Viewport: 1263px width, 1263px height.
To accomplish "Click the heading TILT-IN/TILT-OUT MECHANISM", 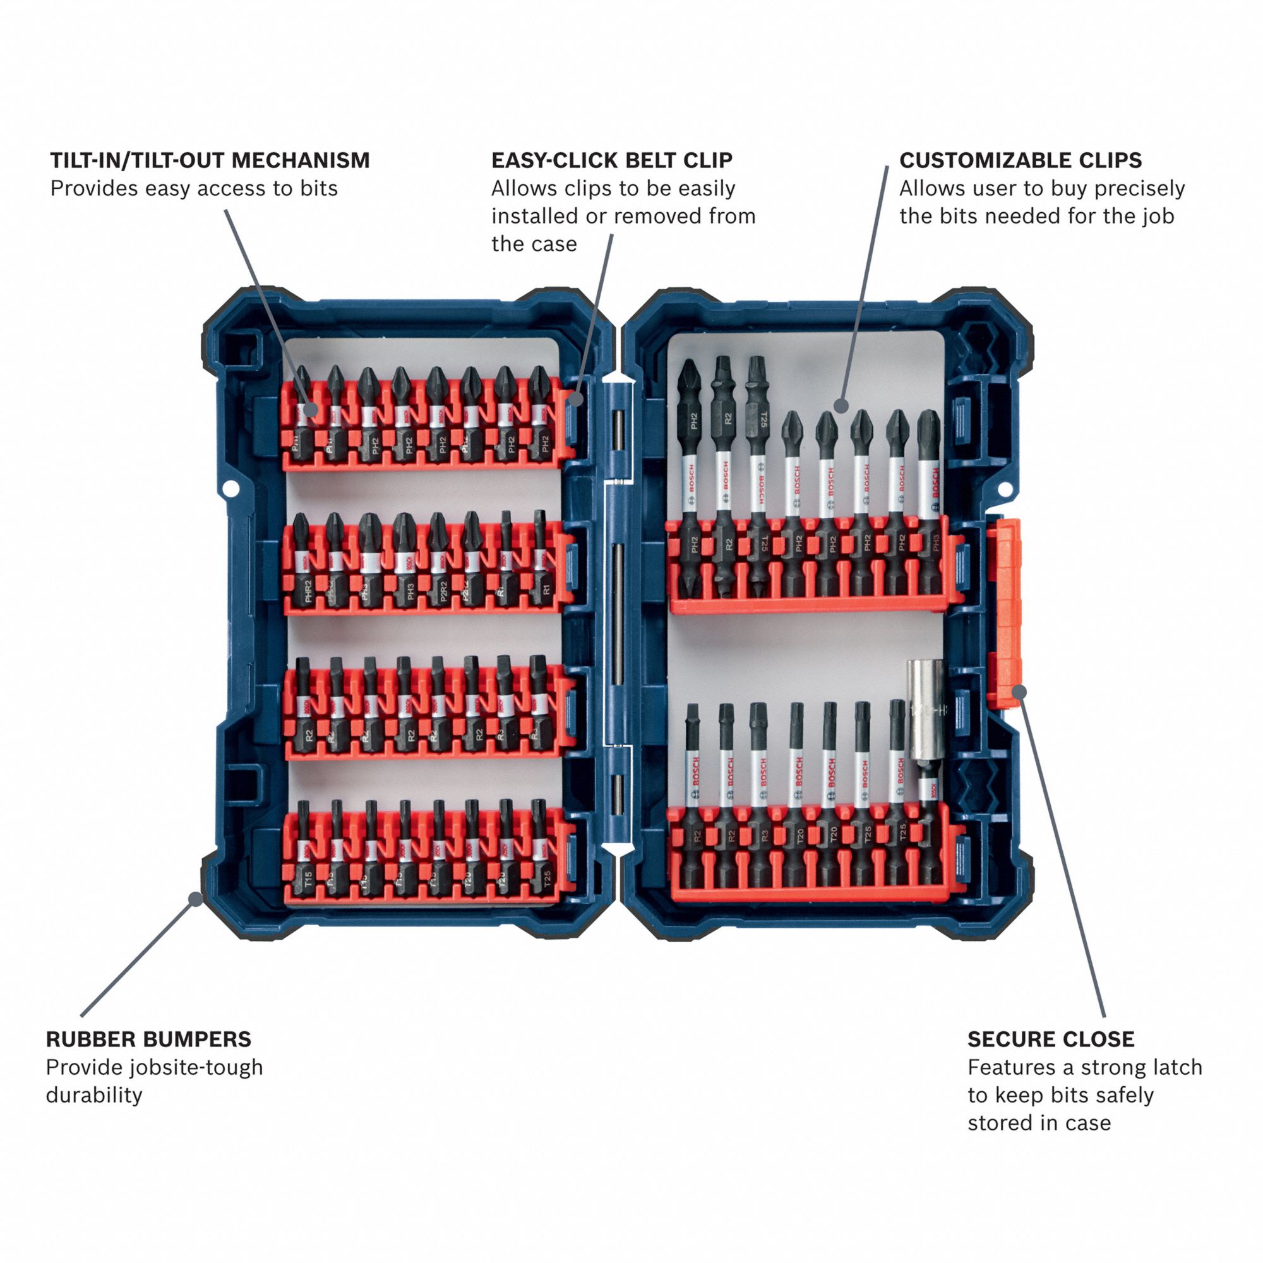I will click(x=210, y=160).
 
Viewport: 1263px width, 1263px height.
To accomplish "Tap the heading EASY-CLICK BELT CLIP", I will click(x=612, y=160).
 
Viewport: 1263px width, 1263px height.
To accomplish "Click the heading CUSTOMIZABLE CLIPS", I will click(x=1021, y=160).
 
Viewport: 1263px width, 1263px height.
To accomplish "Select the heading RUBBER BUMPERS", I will click(x=148, y=1039).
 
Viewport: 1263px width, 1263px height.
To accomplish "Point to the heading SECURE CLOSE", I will click(x=1051, y=1039).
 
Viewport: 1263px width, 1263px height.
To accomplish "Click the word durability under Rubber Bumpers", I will click(x=93, y=1096).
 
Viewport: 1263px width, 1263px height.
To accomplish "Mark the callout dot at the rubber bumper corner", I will click(x=195, y=899).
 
